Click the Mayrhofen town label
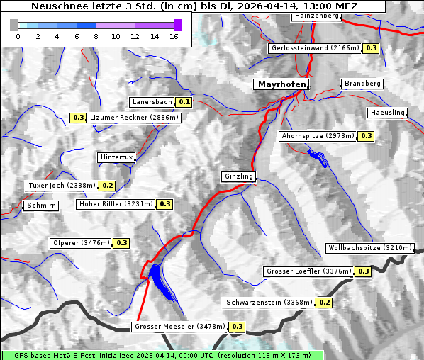click(281, 85)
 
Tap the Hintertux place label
click(116, 158)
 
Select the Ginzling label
click(238, 176)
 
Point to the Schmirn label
click(40, 206)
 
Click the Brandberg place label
click(362, 84)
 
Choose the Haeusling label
click(387, 113)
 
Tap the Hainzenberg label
click(316, 16)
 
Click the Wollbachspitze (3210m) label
click(369, 249)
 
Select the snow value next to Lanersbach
click(184, 102)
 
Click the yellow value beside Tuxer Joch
click(107, 186)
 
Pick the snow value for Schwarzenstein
click(323, 303)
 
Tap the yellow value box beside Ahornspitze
click(366, 135)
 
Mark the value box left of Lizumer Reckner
click(78, 118)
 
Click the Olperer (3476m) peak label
click(81, 243)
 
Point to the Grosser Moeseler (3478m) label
click(179, 327)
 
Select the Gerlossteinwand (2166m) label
click(314, 48)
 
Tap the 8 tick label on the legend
click(96, 36)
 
